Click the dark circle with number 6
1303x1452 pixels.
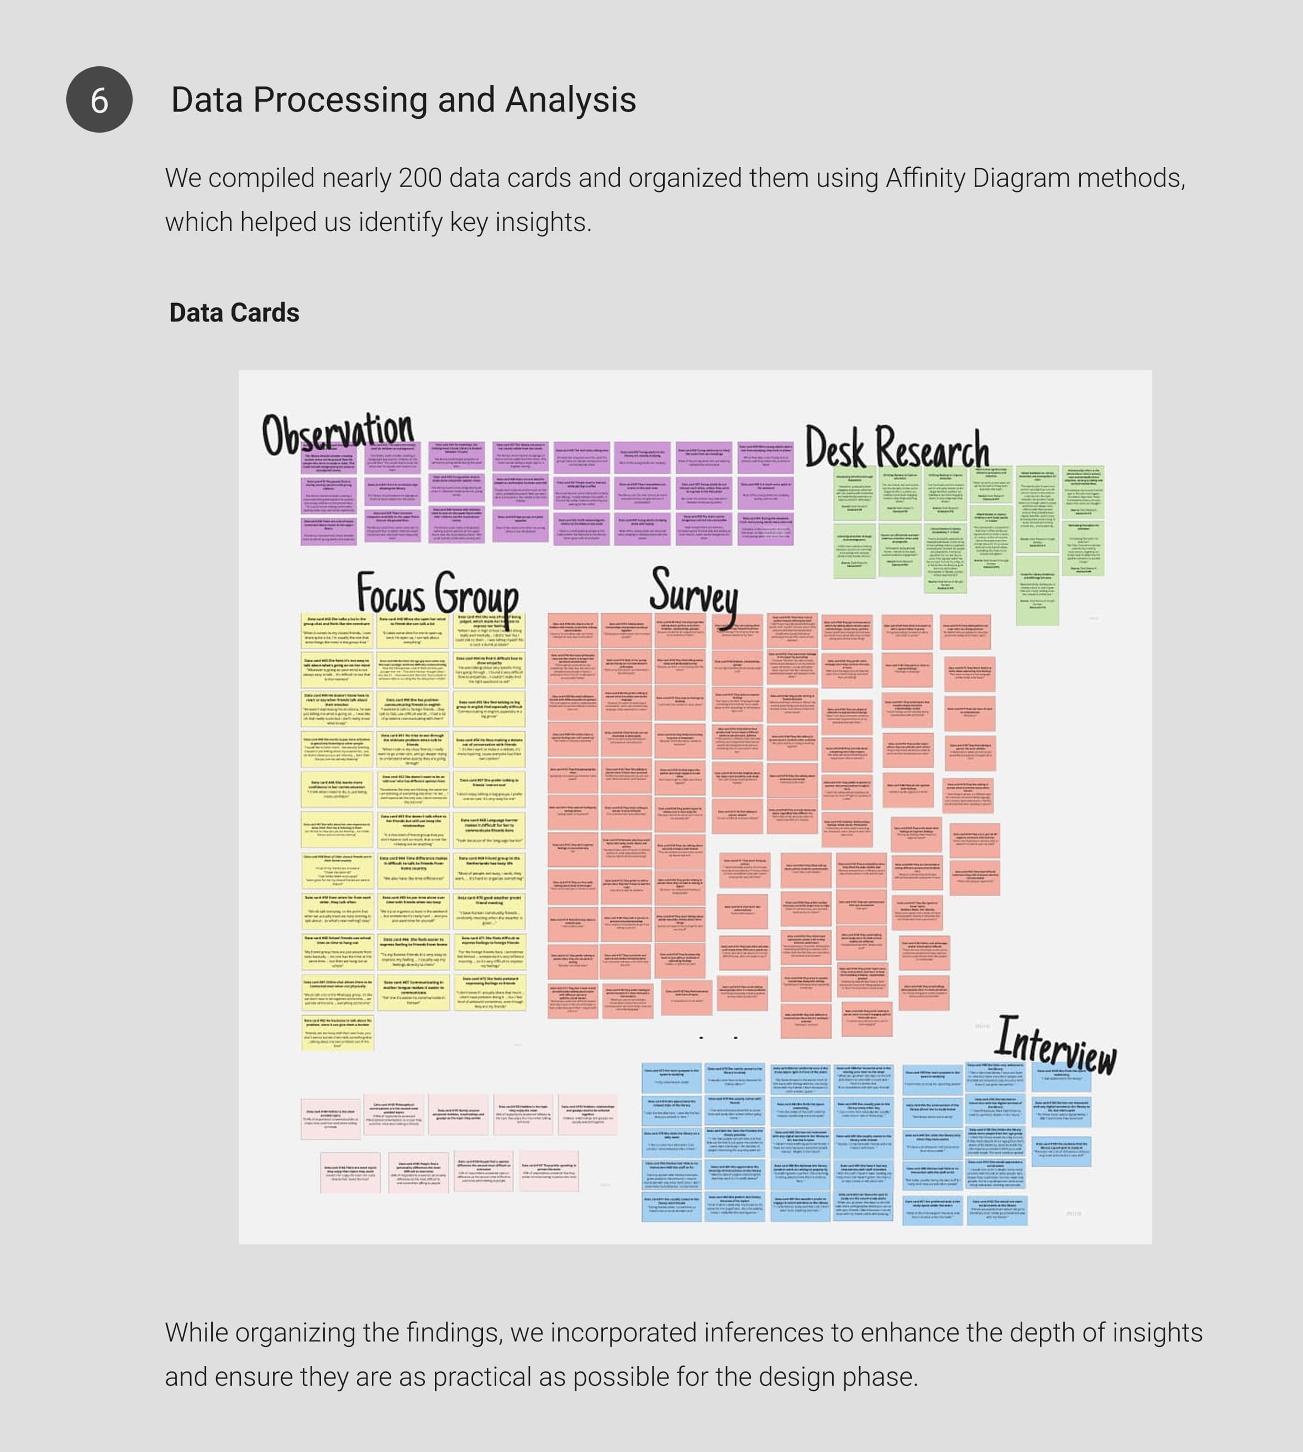pos(99,99)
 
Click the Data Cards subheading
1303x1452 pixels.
pos(234,313)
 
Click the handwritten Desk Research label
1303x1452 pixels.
pos(896,448)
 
